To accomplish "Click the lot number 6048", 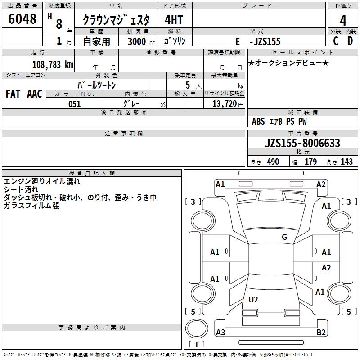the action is [x=22, y=19].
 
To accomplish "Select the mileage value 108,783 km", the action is [x=53, y=64].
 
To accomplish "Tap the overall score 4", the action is [x=343, y=20].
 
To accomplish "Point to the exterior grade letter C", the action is [x=335, y=40].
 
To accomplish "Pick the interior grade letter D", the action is [x=350, y=40].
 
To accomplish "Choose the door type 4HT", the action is [x=175, y=20].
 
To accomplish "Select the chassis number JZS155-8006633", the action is [x=302, y=143].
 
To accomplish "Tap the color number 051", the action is [x=74, y=104].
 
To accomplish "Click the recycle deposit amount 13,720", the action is [x=223, y=104].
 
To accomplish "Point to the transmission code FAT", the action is [x=13, y=94].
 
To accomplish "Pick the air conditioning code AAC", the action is [x=35, y=94].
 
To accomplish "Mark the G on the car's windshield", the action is [x=284, y=237].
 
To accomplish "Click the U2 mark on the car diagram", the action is [x=253, y=299].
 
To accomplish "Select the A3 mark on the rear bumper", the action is [x=221, y=333].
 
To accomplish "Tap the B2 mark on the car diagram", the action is [x=321, y=333].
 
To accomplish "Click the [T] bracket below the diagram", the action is [x=196, y=345].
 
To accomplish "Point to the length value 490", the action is [x=273, y=162].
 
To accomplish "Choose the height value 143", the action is [x=346, y=162].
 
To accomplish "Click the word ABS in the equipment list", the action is [x=258, y=121].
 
